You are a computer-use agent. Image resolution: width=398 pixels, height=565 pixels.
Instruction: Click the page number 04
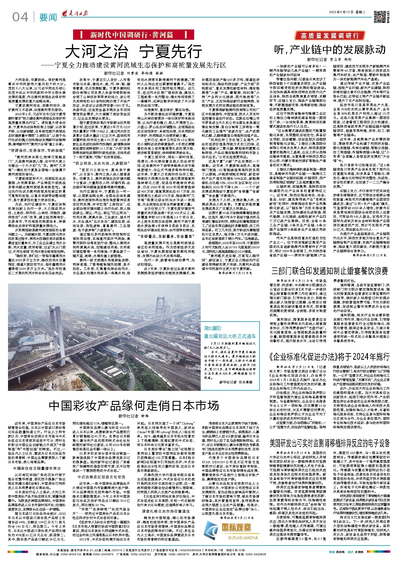coord(20,17)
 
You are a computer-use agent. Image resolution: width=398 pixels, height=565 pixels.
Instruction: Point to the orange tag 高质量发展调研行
coord(329,36)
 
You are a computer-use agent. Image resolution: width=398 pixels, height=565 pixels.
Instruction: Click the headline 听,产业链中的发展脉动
coord(329,50)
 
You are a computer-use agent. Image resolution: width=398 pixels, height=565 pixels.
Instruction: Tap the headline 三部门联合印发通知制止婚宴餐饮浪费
coord(329,271)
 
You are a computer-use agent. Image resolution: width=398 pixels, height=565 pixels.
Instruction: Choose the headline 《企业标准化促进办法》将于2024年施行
coord(329,357)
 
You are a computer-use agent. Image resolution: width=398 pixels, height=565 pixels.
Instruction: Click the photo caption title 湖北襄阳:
coord(213,328)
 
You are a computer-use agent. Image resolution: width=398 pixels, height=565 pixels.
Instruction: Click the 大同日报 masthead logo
coord(75,13)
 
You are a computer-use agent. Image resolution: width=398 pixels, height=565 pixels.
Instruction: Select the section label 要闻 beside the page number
coord(48,18)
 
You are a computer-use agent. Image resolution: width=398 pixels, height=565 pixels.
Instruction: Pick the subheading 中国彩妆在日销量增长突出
coord(37,468)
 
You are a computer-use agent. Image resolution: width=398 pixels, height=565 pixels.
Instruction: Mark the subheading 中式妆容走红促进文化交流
coord(101,477)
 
